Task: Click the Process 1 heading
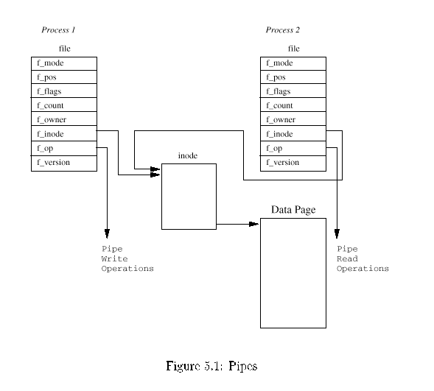58,30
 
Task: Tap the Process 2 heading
283,30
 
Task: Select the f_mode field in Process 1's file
64,63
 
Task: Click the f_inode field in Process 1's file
64,133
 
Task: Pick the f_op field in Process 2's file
293,149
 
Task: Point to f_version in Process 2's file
293,163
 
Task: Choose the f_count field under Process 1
64,105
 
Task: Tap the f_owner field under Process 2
293,119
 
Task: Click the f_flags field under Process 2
293,91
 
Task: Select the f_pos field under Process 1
64,77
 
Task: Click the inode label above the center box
188,155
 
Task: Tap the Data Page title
293,210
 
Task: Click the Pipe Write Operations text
127,258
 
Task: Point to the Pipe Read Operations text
363,258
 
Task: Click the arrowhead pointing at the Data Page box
253,224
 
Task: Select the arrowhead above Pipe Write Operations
107,233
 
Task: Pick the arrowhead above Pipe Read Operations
337,233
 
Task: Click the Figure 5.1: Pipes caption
211,366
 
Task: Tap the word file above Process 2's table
294,49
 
